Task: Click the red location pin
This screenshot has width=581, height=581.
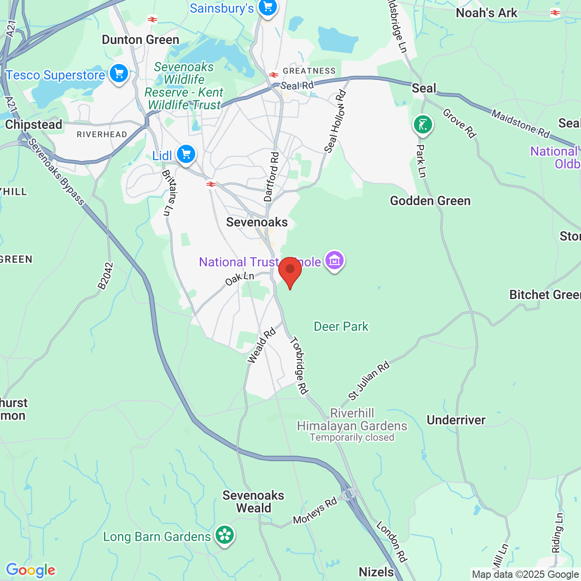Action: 290,271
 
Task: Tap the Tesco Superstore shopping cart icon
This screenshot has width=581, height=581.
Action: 119,73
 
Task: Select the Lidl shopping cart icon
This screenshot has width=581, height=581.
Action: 186,154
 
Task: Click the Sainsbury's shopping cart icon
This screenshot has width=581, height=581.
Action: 267,7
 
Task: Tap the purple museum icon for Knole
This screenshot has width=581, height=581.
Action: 335,261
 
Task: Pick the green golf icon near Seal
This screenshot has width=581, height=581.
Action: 423,124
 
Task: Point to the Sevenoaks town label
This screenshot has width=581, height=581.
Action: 257,222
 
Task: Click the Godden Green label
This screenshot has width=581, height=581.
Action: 430,201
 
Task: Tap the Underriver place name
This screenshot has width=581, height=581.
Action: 456,420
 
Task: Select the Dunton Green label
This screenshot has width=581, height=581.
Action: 140,40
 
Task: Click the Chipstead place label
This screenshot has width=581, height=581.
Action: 34,124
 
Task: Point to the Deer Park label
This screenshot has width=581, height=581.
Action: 341,326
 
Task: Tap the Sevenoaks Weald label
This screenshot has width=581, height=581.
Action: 253,502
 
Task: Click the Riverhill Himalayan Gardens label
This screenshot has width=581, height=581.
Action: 352,420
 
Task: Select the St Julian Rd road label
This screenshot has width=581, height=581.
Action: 369,380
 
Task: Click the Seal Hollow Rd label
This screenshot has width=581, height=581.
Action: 335,122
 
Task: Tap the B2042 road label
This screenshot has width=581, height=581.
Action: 105,276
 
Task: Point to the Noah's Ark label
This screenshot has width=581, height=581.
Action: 487,13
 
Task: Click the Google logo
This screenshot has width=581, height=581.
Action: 30,570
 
